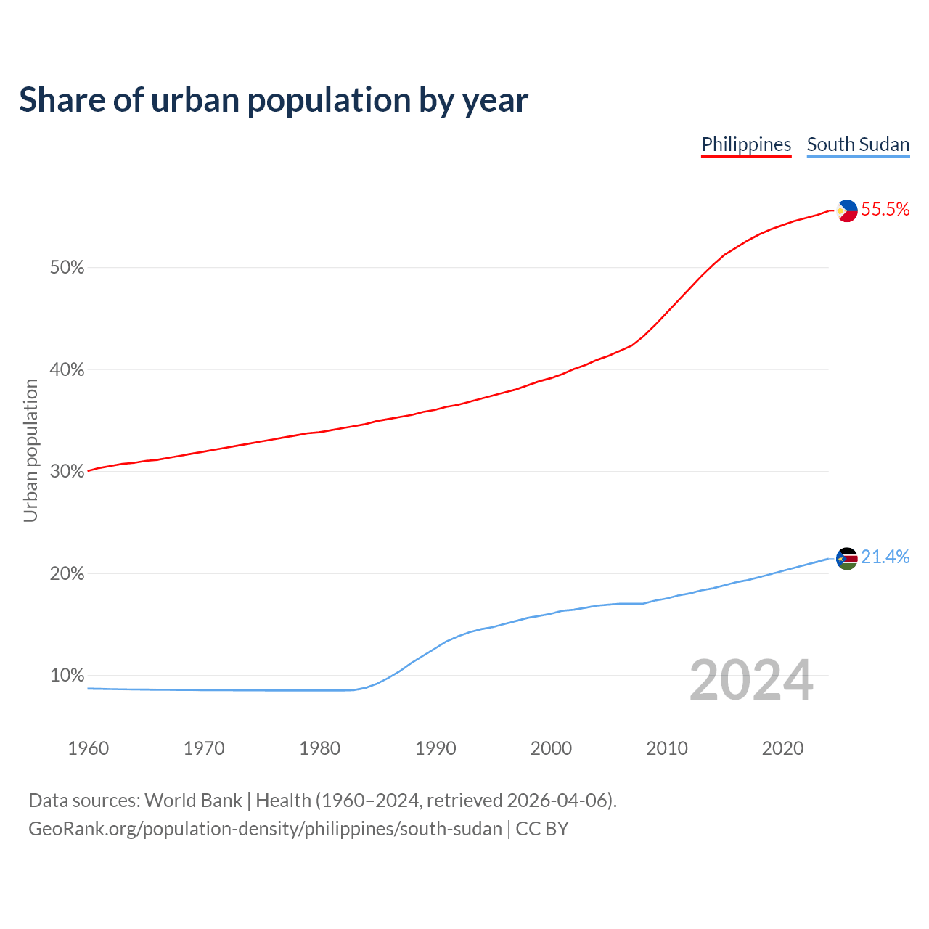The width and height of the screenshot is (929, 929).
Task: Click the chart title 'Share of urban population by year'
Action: coord(274,100)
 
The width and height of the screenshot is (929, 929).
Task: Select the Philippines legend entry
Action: coord(746,144)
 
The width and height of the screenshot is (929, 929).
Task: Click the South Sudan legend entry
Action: coord(858,144)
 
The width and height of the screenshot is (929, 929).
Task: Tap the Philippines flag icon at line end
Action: coord(846,210)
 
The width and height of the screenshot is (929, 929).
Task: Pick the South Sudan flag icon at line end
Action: coord(846,558)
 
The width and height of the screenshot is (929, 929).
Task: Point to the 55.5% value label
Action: coord(885,210)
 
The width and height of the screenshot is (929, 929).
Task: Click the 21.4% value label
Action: coord(885,557)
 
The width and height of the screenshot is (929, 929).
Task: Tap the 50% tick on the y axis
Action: coord(67,268)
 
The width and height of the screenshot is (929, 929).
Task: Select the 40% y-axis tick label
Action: coord(67,370)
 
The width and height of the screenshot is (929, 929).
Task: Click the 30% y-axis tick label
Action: coord(67,472)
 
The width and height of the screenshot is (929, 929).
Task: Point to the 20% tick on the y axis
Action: coord(67,574)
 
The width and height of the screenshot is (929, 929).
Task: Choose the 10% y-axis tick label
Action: coord(67,676)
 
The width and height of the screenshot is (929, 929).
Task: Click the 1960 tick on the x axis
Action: coord(88,748)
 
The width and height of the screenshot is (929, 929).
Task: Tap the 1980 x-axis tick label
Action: coord(319,748)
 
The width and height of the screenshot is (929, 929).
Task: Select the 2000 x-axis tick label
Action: coord(551,748)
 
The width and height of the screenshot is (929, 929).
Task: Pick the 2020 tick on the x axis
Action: coord(782,748)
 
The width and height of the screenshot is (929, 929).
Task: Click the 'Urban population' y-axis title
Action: coord(30,450)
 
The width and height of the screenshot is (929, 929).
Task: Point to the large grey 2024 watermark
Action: coord(750,681)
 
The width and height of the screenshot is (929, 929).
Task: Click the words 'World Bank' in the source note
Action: coord(193,801)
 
